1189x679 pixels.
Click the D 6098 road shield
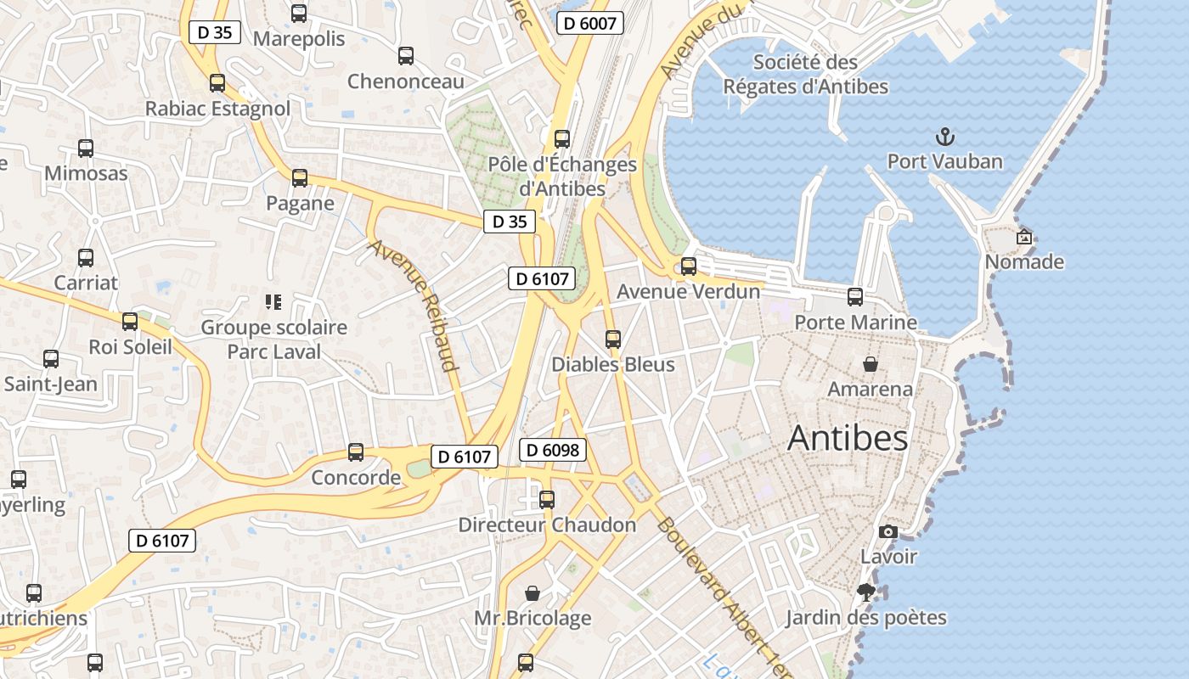553,450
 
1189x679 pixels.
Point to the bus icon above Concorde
356,452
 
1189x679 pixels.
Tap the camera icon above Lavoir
888,532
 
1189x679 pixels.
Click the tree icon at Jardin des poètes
866,592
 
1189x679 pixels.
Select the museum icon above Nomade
1024,237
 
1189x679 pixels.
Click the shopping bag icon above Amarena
871,364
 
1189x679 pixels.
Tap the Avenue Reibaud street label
414,306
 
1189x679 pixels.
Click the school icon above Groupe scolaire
273,301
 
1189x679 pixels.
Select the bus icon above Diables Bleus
613,339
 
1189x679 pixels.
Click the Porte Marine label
855,323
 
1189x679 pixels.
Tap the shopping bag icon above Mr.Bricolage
533,592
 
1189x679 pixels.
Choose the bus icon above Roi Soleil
130,322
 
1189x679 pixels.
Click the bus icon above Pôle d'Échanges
562,139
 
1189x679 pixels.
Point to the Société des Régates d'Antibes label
805,74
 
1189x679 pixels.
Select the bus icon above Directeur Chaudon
547,500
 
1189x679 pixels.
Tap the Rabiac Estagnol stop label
217,109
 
